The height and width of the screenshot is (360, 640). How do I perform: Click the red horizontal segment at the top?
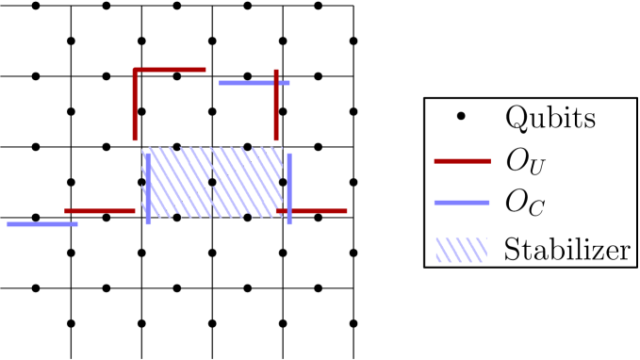click(170, 70)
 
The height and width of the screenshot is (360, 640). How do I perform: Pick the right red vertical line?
click(276, 106)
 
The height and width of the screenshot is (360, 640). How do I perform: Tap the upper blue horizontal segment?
click(254, 83)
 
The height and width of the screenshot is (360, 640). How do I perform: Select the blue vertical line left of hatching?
click(148, 188)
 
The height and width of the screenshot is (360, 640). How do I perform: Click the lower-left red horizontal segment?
click(99, 211)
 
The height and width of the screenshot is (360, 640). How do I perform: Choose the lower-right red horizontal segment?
click(316, 211)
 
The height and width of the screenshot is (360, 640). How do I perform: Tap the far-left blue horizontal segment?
click(42, 224)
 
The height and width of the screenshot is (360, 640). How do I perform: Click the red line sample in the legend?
click(462, 161)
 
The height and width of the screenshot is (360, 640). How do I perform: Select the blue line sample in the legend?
click(462, 203)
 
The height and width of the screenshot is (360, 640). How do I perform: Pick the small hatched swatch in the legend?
click(461, 250)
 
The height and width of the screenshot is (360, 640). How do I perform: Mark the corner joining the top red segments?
click(136, 70)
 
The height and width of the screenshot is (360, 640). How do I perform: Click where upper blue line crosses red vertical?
click(276, 83)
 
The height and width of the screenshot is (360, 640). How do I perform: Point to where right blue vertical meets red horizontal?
click(289, 211)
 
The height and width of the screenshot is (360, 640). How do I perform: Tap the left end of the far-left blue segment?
click(8, 224)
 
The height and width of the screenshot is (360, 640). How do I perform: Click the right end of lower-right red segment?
click(347, 211)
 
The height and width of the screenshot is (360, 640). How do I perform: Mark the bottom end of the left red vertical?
click(136, 140)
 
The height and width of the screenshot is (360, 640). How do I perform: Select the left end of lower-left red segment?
click(65, 211)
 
